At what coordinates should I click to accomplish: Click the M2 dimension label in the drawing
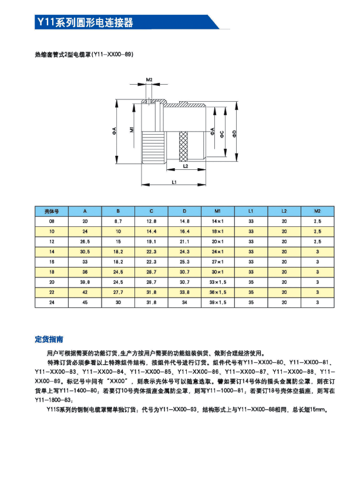tap(149, 79)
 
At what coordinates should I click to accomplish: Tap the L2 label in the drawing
tap(186, 166)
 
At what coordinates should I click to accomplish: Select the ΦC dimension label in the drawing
tap(221, 133)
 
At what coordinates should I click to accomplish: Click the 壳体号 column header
tap(52, 210)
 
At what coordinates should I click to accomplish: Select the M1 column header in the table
tap(218, 210)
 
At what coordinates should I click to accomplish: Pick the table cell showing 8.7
tap(118, 221)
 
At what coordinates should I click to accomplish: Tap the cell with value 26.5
tap(85, 241)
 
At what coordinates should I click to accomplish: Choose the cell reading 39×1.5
tap(218, 302)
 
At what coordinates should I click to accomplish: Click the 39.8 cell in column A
tap(85, 282)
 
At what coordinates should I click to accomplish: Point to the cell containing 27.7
tap(118, 292)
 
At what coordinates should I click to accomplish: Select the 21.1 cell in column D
tap(184, 241)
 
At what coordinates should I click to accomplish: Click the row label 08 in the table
tap(52, 221)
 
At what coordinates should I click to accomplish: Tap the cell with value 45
tap(85, 302)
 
